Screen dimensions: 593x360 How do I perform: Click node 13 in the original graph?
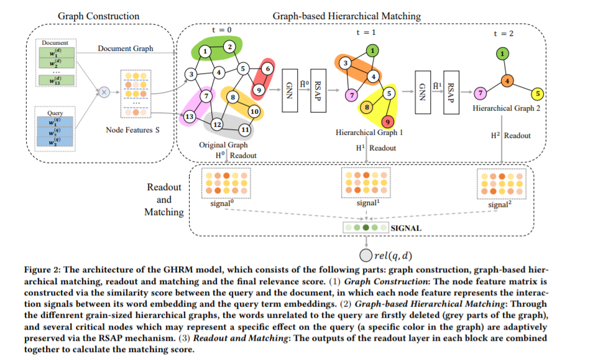coord(189,116)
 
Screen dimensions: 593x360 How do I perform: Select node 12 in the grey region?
coord(217,124)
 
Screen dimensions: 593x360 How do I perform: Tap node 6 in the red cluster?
coord(268,68)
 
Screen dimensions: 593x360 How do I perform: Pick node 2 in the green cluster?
coord(229,47)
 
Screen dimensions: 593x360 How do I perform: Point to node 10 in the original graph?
coord(254,111)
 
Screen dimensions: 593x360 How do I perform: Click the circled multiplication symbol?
coord(104,92)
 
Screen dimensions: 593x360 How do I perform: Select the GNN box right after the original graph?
coord(290,91)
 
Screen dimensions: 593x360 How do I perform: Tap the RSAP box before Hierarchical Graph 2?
coord(451,93)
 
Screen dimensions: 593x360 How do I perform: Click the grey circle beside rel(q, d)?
coord(365,256)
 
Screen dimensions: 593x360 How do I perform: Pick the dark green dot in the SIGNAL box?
coord(365,228)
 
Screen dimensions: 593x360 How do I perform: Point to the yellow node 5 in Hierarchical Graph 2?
coord(538,93)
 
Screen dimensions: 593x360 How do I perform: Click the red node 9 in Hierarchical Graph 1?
coord(387,122)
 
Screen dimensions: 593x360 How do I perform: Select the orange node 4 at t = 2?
coord(507,81)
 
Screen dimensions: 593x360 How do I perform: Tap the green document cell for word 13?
coord(57,80)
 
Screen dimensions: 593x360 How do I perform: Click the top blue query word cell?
coord(55,122)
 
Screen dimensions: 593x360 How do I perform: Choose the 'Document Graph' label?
coord(126,48)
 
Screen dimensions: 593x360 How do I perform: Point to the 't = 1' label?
coord(365,32)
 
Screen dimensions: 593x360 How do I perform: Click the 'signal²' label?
coord(500,205)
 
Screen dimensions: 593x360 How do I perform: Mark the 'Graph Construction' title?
coord(98,16)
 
